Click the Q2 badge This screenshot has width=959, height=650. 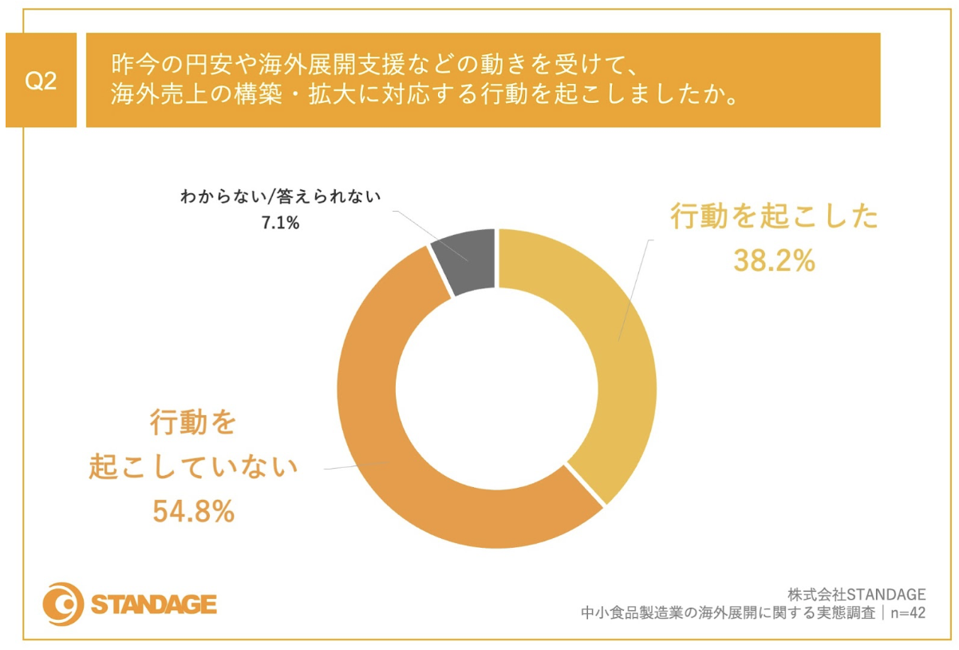click(x=41, y=81)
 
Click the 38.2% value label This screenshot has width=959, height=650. click(x=774, y=260)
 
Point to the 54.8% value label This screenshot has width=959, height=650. click(x=194, y=511)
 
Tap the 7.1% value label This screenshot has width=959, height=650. click(x=280, y=224)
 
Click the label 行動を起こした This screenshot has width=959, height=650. click(x=774, y=217)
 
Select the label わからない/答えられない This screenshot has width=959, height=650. click(x=282, y=196)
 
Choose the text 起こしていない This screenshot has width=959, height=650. click(x=194, y=467)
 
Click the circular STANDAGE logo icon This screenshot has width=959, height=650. click(x=63, y=603)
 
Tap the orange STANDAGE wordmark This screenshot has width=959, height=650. click(x=154, y=604)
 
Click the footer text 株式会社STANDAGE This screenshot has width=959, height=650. click(x=856, y=594)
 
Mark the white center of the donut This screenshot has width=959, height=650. click(x=497, y=389)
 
